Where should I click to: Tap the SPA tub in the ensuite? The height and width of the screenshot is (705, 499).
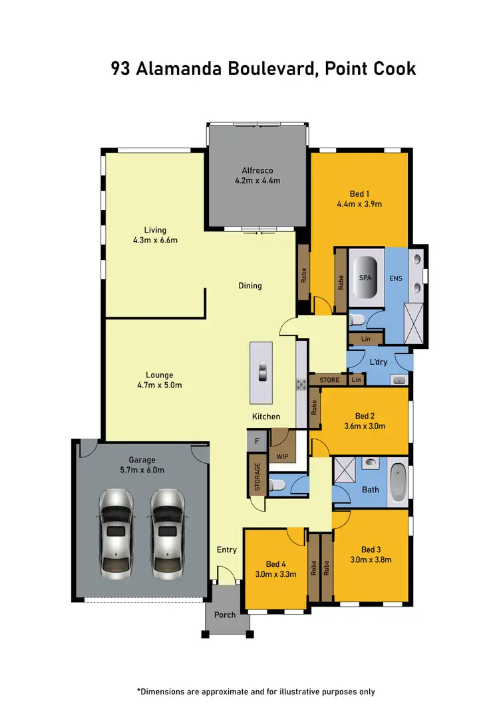[x=365, y=278]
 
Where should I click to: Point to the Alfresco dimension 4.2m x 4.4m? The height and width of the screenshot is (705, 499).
[x=257, y=181]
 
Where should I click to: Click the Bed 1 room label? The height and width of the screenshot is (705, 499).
[x=358, y=193]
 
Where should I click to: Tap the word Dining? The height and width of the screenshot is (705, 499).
[x=250, y=286]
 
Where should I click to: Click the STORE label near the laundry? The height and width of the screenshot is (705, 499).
[x=329, y=381]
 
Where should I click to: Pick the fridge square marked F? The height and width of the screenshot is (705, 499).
[x=257, y=440]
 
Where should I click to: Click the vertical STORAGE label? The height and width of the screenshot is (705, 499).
[x=256, y=474]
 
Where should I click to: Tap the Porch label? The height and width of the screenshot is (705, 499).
[x=225, y=615]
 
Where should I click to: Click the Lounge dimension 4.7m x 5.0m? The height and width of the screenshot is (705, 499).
[x=159, y=385]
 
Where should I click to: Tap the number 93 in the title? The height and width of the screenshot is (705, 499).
[x=120, y=68]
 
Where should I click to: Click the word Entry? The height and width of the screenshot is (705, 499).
[x=227, y=550]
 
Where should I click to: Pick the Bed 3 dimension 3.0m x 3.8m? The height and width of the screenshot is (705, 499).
[x=371, y=559]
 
